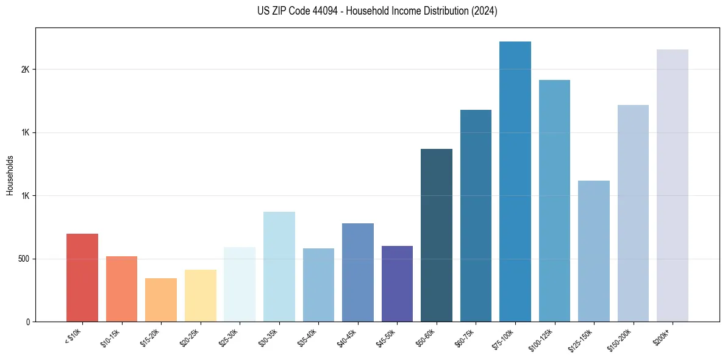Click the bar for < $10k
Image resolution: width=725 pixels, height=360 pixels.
82,278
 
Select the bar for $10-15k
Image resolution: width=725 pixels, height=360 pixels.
121,289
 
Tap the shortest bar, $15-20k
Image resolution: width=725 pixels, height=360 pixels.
161,300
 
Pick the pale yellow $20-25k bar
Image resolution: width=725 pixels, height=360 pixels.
200,295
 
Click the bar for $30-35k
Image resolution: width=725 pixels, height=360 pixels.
279,267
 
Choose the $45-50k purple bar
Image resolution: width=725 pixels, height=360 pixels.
397,284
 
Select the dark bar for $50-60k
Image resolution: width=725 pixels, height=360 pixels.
437,235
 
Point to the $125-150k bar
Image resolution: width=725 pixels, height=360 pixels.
594,251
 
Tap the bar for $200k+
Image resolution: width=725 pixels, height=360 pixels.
673,185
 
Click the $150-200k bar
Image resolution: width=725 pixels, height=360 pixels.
633,213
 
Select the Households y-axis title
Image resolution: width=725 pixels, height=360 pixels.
10,175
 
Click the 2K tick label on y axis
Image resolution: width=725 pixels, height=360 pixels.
25,70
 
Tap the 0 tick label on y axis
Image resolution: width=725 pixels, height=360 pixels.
27,322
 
